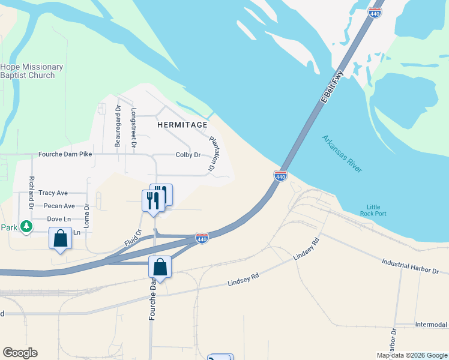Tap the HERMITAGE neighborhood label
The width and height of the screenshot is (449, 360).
click(x=182, y=125)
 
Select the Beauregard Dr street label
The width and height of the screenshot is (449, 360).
click(x=118, y=129)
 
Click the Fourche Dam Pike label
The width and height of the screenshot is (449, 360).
click(x=65, y=154)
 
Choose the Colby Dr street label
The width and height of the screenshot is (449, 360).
click(x=188, y=155)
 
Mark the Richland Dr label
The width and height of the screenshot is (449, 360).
click(x=31, y=192)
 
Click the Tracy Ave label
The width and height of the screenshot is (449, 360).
click(x=53, y=193)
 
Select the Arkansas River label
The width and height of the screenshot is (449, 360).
click(x=342, y=154)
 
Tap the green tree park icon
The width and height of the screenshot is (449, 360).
click(x=26, y=227)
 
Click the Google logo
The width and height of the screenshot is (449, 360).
click(x=20, y=353)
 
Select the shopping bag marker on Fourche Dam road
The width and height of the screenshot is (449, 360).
click(x=160, y=267)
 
